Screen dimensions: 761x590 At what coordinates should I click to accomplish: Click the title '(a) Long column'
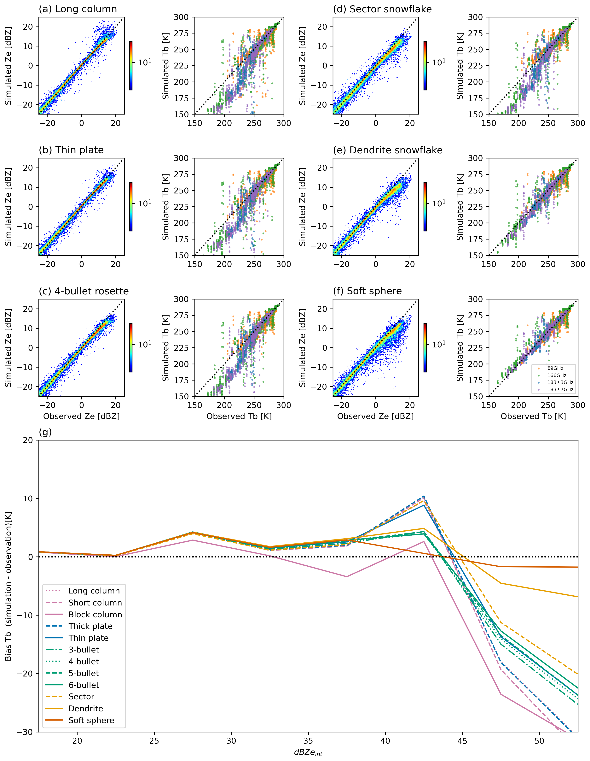(78, 9)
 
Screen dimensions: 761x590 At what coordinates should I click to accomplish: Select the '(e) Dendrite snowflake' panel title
(387, 150)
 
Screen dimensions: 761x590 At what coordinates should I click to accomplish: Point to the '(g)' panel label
(45, 432)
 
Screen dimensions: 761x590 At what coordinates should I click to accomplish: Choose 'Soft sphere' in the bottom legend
(91, 720)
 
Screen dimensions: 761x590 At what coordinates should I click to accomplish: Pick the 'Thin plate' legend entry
(89, 638)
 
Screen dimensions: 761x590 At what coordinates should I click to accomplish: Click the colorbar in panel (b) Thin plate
(131, 207)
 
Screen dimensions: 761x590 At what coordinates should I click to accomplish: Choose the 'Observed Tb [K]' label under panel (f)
(533, 416)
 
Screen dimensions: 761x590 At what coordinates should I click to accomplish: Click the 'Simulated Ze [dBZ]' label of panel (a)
(8, 66)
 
